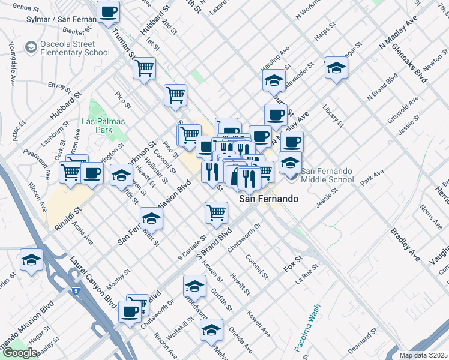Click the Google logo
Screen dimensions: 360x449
coord(20,353)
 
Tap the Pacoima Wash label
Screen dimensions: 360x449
coord(307,329)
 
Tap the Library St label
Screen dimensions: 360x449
coord(333,116)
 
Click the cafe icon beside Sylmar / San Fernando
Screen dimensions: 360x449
coord(109,12)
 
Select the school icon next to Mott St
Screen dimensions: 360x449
coord(151,218)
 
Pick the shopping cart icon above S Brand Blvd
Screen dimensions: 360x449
coord(216,211)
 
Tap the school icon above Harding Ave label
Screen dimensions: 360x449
coord(274,80)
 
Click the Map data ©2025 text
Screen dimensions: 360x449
coord(423,355)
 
